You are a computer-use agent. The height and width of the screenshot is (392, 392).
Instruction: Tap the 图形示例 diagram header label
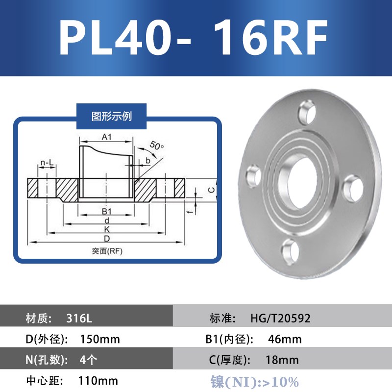(x=112, y=116)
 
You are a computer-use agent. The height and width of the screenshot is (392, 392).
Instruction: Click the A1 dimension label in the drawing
(x=106, y=138)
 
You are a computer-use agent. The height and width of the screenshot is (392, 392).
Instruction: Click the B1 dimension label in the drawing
(x=107, y=211)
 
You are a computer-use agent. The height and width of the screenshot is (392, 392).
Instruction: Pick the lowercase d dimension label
(x=107, y=222)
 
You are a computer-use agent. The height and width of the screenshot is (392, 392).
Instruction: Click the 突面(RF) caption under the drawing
(x=107, y=251)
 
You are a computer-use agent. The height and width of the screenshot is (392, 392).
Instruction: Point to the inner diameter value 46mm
(x=285, y=339)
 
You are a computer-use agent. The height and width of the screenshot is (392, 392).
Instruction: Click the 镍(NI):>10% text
(x=254, y=381)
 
